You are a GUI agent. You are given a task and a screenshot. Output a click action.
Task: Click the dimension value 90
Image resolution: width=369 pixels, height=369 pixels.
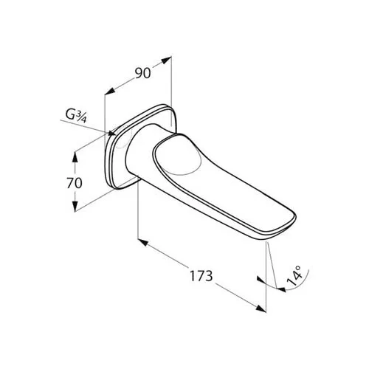pos(142,73)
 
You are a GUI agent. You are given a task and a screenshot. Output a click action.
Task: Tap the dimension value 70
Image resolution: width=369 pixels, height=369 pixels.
pos(75,183)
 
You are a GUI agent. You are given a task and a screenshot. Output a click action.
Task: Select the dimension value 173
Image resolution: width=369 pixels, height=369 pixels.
pos(201,276)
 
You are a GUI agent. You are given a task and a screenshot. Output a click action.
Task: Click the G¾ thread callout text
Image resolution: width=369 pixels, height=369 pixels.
pos(76,115)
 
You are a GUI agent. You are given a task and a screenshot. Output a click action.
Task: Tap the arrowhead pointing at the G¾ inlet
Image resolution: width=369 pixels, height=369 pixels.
pos(111,133)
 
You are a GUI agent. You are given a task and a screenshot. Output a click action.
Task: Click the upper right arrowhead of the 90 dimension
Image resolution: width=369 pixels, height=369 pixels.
pos(166,61)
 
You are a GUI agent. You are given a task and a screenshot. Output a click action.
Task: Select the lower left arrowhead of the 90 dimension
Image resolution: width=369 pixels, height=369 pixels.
pos(110,91)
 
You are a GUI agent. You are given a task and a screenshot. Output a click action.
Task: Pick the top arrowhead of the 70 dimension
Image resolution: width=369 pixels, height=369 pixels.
pos(75,157)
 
